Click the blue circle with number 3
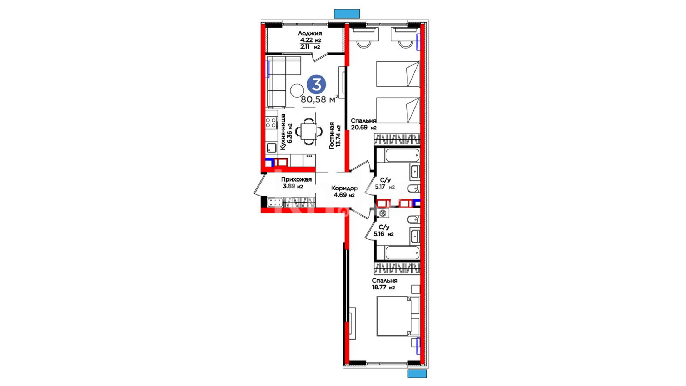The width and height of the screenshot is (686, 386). point(317,85)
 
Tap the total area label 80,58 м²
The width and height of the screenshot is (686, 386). point(319,99)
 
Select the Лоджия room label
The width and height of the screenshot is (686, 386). point(310,33)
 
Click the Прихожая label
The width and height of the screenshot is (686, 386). point(296,179)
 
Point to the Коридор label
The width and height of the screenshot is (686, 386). point(344,188)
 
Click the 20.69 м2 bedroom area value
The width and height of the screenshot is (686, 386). point(364,127)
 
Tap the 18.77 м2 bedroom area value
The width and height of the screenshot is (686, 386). point(383,287)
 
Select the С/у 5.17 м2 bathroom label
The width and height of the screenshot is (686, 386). point(385,183)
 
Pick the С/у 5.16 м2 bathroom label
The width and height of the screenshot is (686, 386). point(383,231)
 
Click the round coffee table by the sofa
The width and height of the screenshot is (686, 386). point(297,90)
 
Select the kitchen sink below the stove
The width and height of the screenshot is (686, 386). point(271,148)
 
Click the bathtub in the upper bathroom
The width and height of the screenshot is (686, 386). point(402,156)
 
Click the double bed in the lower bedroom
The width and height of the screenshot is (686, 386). point(398,316)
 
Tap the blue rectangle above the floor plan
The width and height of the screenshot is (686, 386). point(347,14)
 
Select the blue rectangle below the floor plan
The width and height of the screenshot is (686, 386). point(417,373)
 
